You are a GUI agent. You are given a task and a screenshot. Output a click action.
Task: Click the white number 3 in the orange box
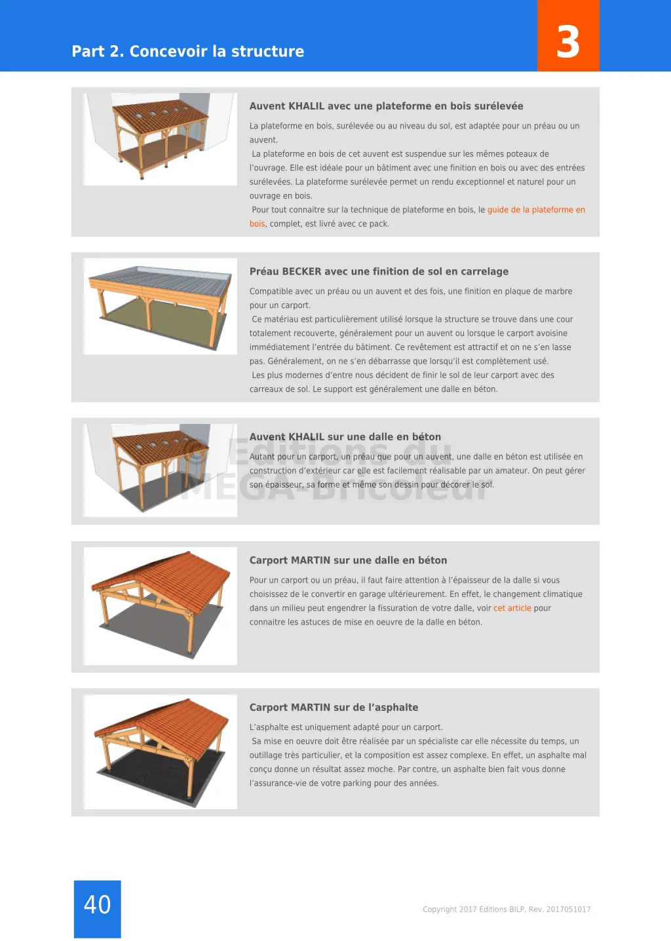(568, 43)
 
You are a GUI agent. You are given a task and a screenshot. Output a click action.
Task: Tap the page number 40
(98, 904)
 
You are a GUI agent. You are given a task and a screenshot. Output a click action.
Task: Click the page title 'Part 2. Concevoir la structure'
(188, 51)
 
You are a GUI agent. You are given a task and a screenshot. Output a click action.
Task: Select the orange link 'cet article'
(512, 608)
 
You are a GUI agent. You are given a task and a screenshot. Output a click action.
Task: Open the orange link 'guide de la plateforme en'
(536, 210)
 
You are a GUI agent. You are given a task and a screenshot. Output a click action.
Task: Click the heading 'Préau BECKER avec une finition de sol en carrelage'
(379, 271)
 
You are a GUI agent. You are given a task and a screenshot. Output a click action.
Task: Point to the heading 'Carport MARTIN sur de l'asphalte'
(334, 708)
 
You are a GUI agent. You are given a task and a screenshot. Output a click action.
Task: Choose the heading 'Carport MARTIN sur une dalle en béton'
(348, 560)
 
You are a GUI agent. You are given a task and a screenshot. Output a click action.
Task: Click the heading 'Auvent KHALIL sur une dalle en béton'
(345, 437)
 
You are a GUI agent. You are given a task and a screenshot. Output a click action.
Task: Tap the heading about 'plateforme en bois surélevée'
(386, 106)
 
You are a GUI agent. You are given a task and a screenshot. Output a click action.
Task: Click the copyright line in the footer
(507, 910)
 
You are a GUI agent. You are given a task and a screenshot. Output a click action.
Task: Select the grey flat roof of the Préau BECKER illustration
(160, 278)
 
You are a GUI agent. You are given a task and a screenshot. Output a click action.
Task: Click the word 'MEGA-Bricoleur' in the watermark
(336, 488)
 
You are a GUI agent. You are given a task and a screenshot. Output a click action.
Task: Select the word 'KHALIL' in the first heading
(306, 106)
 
